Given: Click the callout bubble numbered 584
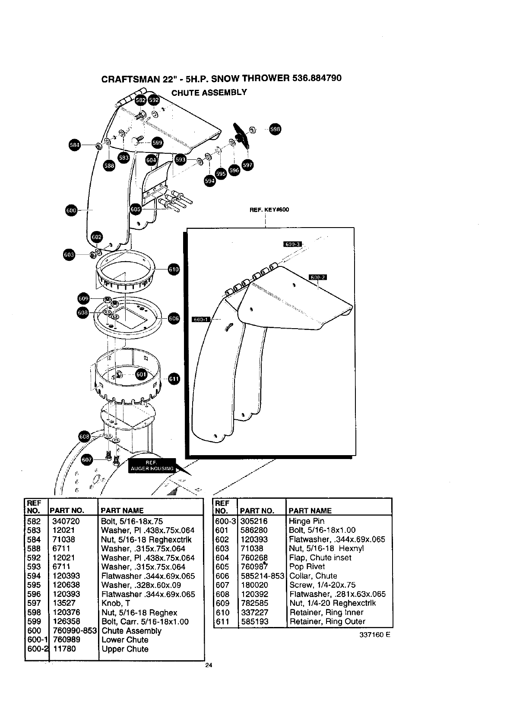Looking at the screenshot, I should [x=75, y=145].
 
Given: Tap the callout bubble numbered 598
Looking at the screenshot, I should [x=275, y=130].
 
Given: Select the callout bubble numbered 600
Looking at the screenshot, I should [x=71, y=210].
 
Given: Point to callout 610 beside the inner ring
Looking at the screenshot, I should [x=173, y=270].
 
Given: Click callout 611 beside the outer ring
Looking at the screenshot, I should [x=173, y=379].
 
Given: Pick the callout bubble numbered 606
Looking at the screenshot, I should [x=173, y=319].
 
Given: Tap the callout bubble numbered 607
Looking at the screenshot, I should [x=87, y=460].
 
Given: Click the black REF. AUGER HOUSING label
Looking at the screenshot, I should [x=152, y=465].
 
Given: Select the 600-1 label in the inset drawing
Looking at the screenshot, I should [x=201, y=320].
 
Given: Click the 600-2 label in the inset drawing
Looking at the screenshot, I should [x=318, y=277].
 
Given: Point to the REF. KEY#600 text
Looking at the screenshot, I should [x=269, y=210].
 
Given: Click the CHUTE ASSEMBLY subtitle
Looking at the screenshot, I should [x=209, y=92].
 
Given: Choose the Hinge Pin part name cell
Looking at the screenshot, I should [x=307, y=521].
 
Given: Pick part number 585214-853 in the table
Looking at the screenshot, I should [x=262, y=576].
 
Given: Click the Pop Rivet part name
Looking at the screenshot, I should [x=307, y=567].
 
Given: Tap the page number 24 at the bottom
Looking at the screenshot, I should [x=209, y=665].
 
